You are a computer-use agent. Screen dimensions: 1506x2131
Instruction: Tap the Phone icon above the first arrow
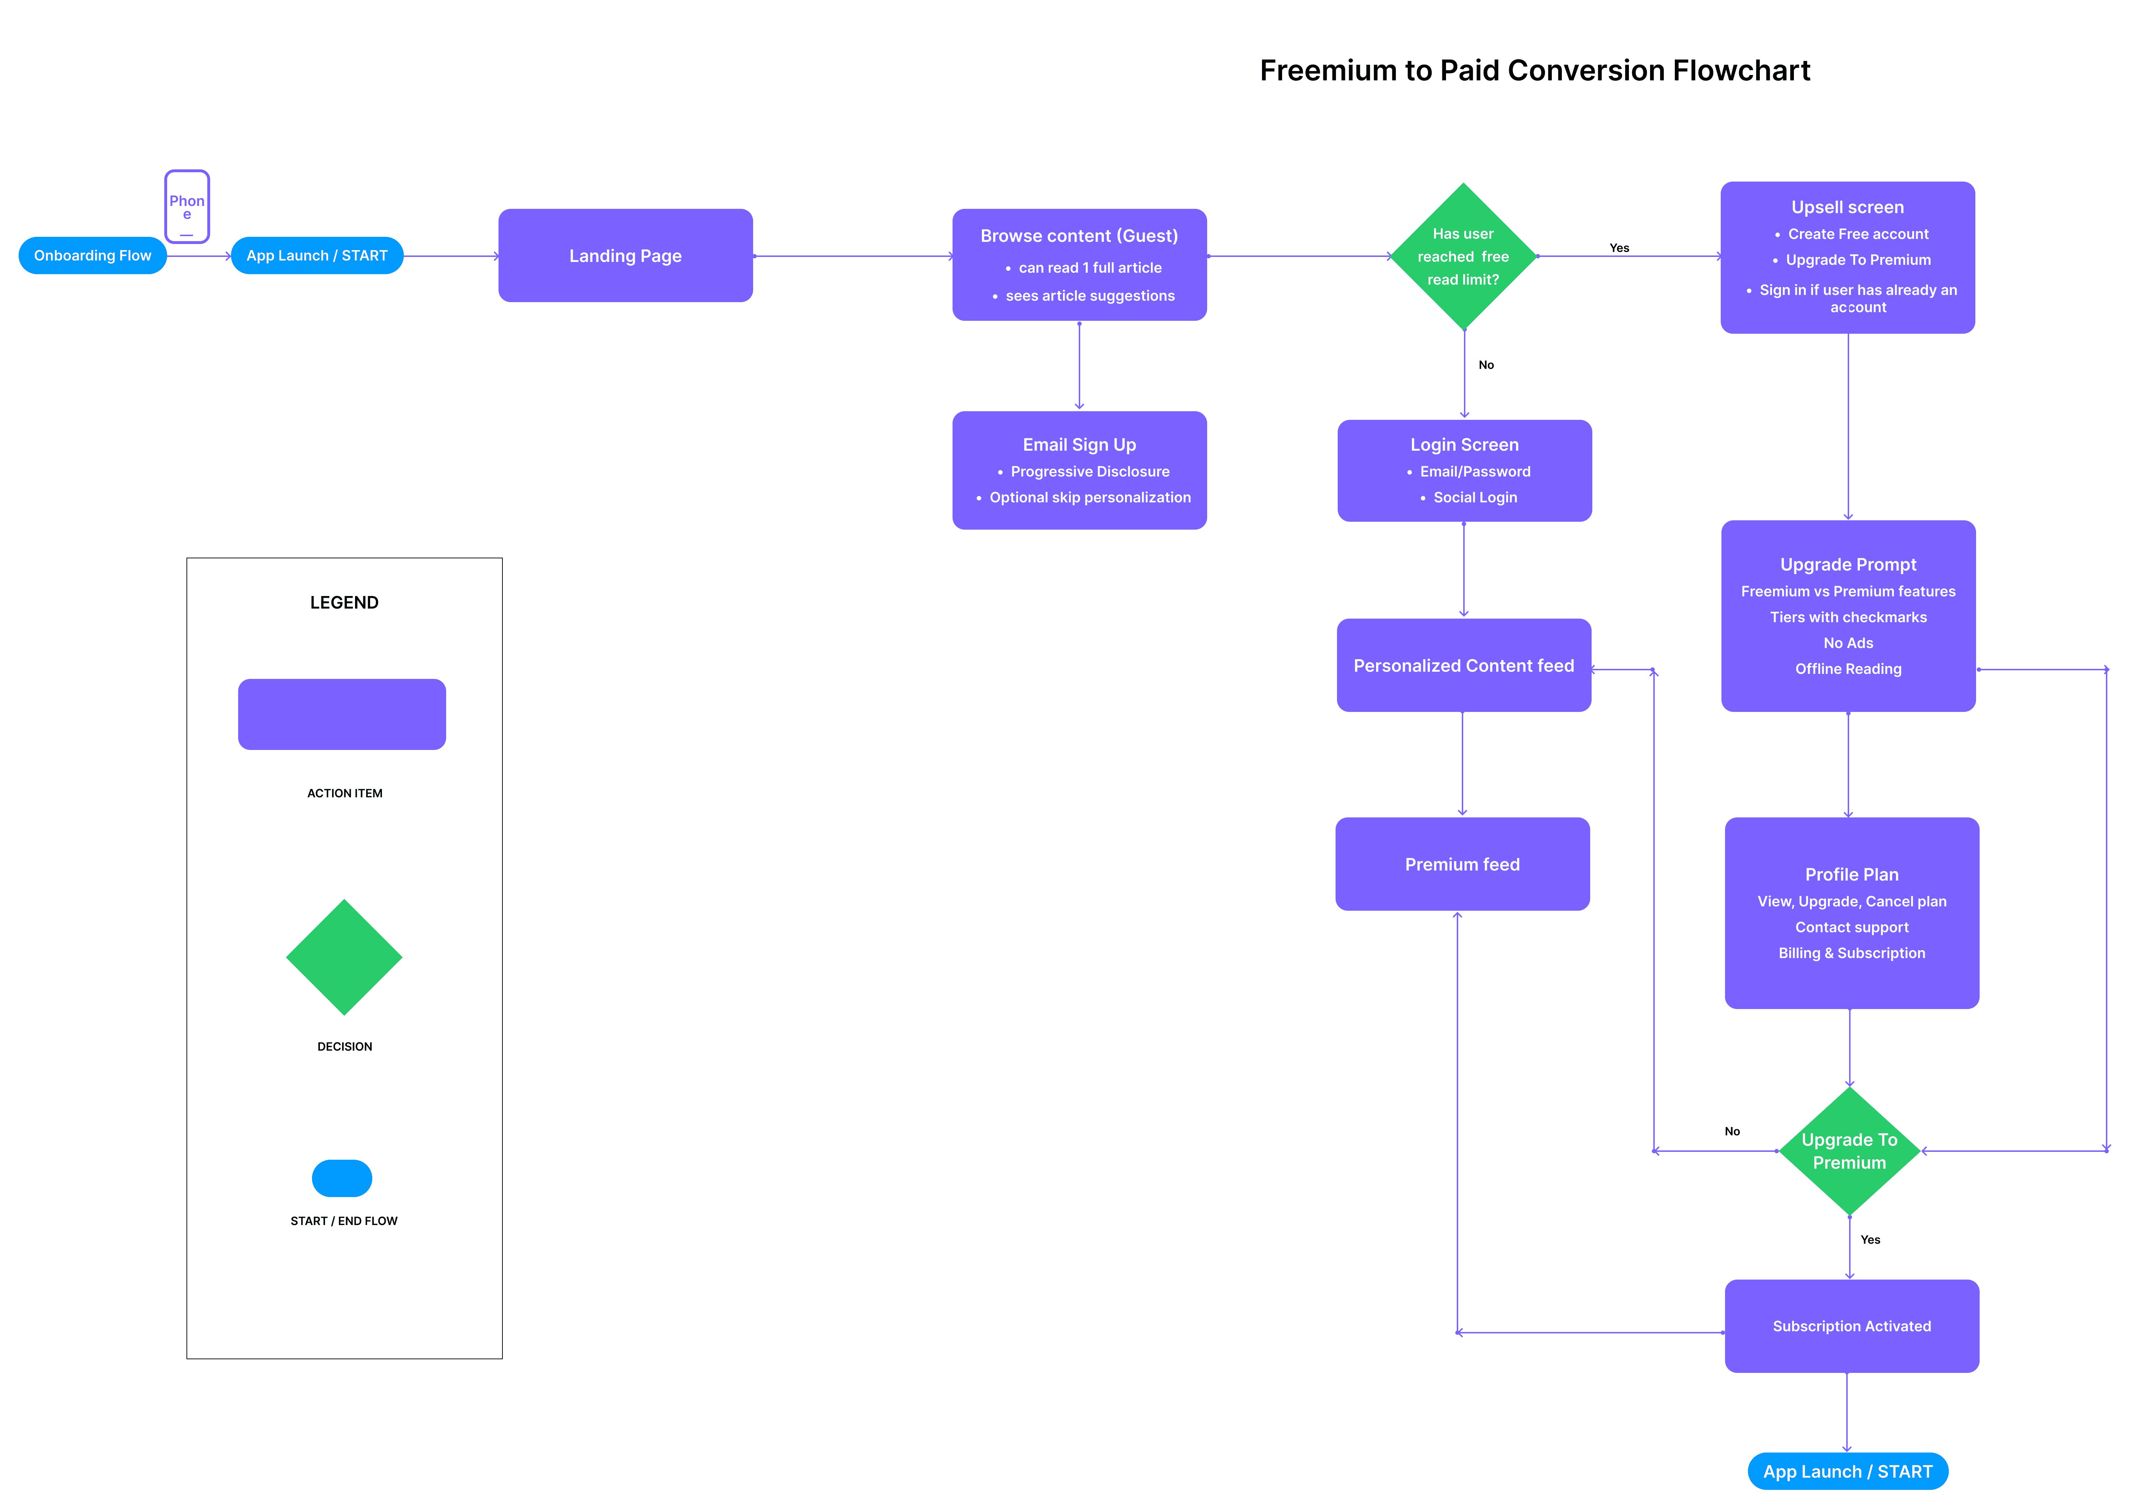tap(186, 206)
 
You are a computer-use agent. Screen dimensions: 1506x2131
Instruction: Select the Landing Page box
tap(625, 255)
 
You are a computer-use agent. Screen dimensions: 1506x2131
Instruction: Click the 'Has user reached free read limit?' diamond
tap(1463, 256)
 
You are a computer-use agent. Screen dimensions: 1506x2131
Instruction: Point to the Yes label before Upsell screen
tap(1619, 248)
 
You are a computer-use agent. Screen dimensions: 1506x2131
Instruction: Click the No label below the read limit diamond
tap(1486, 365)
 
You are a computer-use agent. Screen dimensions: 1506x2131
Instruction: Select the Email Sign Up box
tap(1078, 470)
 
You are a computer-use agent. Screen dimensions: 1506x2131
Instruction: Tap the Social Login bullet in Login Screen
tap(1475, 498)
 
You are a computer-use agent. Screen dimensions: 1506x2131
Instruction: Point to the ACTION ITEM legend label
tap(344, 793)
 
